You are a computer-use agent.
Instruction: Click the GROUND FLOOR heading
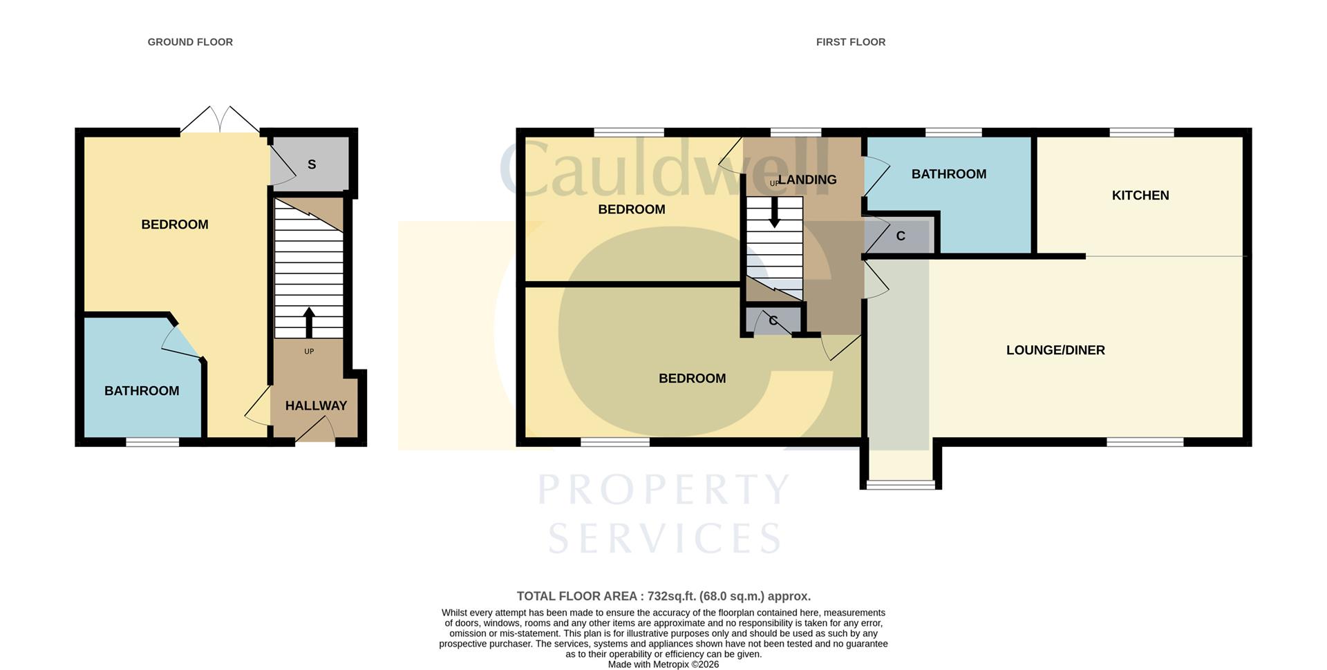[190, 42]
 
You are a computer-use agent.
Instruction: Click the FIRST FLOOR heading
[850, 42]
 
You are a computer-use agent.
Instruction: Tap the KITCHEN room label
[1140, 195]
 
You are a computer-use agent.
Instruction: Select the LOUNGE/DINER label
[1055, 350]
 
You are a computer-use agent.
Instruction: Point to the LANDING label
[807, 180]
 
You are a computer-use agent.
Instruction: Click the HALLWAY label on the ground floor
[316, 405]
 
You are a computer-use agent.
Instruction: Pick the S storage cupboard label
[312, 164]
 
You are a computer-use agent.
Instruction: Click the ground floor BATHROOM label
[142, 391]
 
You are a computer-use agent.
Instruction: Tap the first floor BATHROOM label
[948, 174]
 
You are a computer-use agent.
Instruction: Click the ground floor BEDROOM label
[174, 224]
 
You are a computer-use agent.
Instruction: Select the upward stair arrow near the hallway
[309, 322]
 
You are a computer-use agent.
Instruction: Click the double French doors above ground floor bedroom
[220, 119]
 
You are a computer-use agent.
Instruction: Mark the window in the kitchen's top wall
[1141, 132]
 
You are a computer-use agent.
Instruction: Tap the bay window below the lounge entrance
[900, 485]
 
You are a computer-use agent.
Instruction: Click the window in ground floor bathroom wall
[152, 442]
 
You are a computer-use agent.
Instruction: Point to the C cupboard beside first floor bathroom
[900, 236]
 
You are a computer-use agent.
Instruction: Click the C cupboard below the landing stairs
[773, 321]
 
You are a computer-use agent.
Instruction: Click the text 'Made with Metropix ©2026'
[663, 664]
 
